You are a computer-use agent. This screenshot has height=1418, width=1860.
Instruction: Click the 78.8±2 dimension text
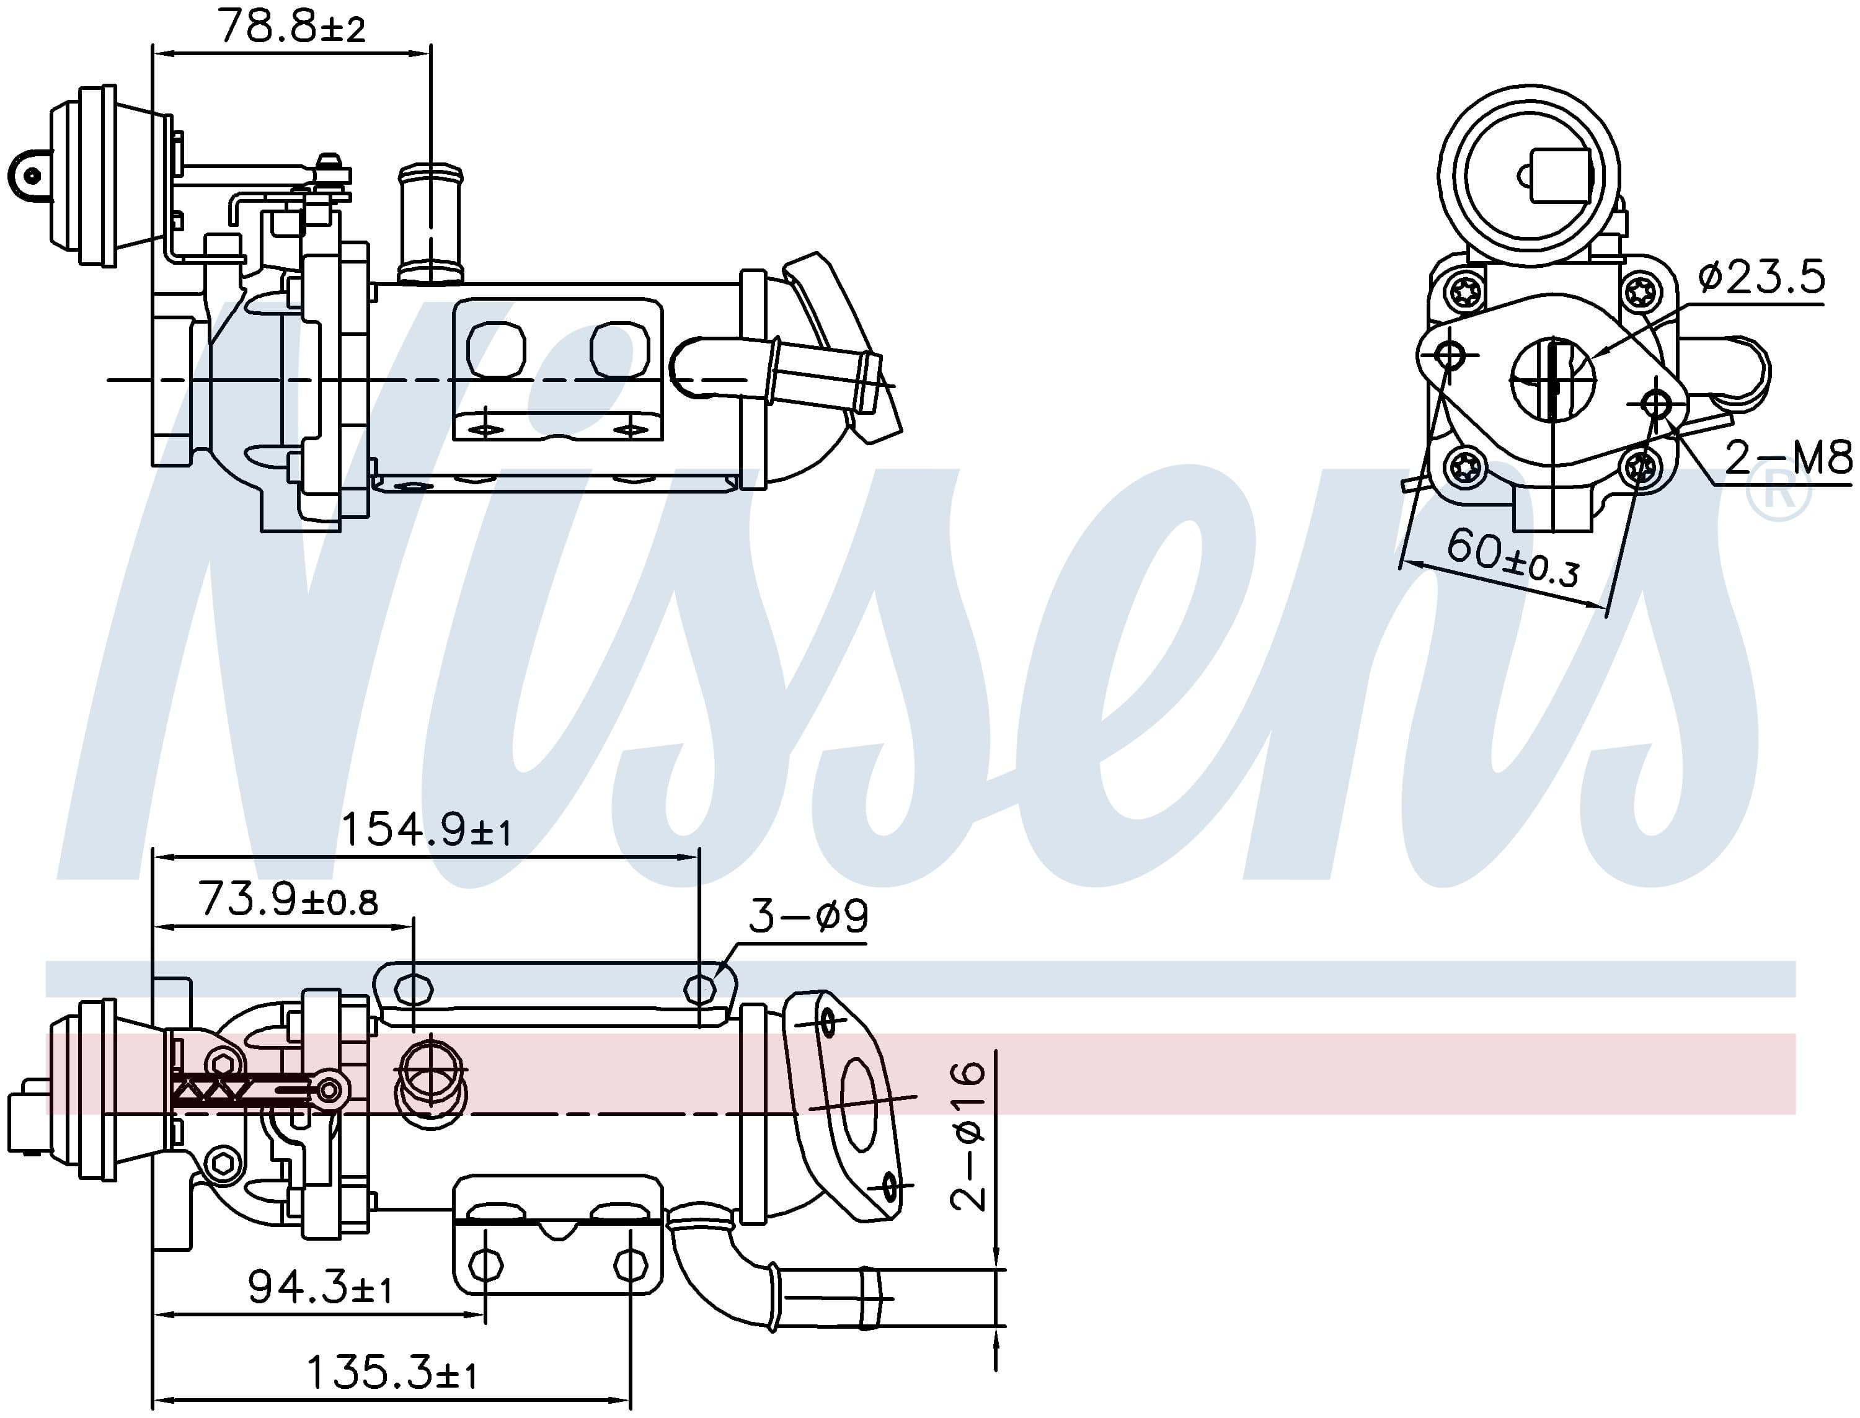click(291, 27)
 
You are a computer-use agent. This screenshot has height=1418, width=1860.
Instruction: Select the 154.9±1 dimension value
click(426, 830)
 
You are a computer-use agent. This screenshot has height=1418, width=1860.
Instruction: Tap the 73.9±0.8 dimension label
click(288, 901)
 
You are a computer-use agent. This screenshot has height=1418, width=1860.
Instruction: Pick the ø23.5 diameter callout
click(1762, 277)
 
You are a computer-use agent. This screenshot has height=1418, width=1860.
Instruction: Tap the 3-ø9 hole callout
click(808, 916)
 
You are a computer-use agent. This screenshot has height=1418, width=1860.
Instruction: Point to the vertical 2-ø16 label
click(968, 1136)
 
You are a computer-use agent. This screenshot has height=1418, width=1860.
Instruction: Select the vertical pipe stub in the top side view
click(430, 224)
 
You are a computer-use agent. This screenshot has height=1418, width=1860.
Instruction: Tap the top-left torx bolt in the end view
click(1464, 292)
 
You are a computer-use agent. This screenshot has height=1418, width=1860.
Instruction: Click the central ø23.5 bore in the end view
click(1553, 380)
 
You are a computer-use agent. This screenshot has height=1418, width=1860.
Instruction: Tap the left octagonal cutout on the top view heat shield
click(496, 350)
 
